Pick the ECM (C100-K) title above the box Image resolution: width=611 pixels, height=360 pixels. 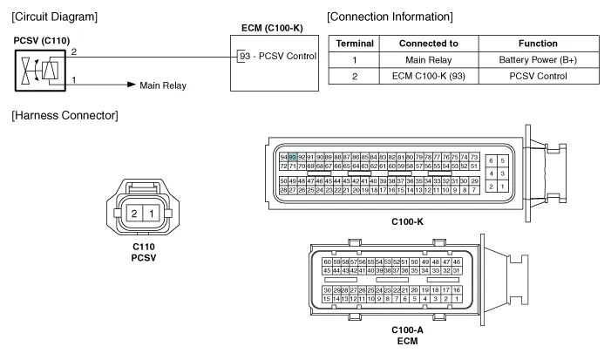pyautogui.click(x=271, y=30)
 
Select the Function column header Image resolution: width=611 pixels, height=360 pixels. pyautogui.click(x=546, y=43)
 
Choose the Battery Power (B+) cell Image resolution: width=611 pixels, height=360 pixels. pyautogui.click(x=546, y=59)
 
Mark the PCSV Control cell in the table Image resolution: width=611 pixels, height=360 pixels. pyautogui.click(x=546, y=76)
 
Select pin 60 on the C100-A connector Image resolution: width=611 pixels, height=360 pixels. pyautogui.click(x=328, y=262)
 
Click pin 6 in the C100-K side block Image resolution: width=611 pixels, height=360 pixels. pyautogui.click(x=492, y=161)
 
